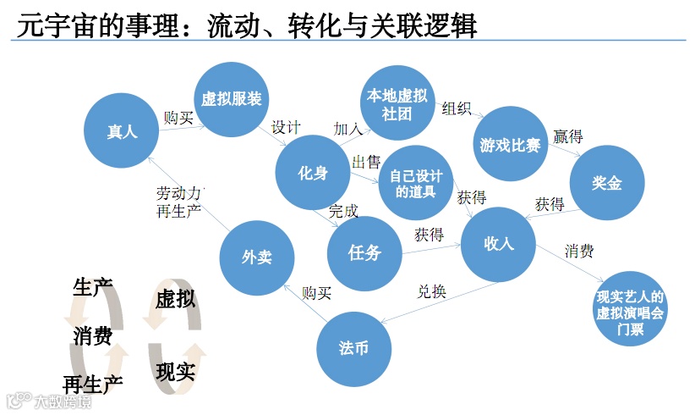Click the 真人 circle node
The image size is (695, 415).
click(122, 131)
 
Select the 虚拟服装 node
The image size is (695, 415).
click(231, 99)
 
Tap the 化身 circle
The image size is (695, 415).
click(313, 173)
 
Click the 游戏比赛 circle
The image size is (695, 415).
click(510, 144)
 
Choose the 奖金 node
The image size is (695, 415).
click(607, 183)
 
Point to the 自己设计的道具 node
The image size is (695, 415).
click(415, 184)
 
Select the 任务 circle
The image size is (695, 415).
click(364, 253)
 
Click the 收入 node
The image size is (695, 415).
click(499, 244)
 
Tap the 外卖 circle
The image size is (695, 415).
click(256, 257)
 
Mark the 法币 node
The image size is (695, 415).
click(353, 348)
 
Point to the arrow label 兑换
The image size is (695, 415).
click(431, 292)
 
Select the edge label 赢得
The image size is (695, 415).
click(567, 136)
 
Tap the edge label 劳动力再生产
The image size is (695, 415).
click(179, 201)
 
